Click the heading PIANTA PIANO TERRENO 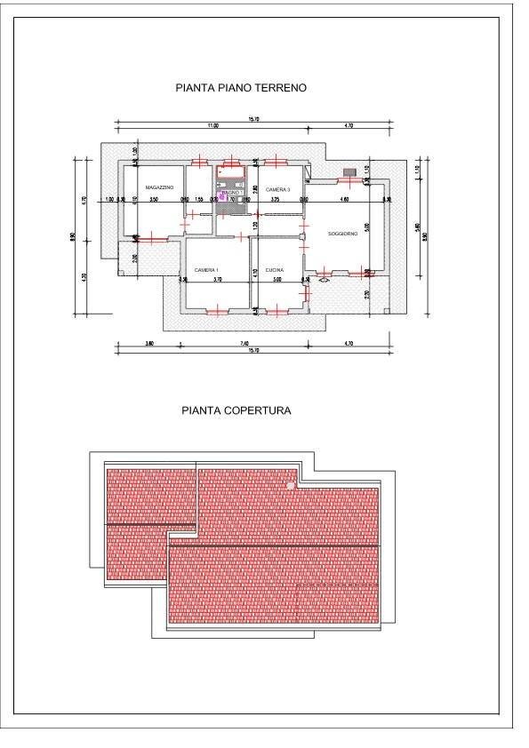[x=241, y=89]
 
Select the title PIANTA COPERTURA [x=236, y=410]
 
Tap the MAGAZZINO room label [x=147, y=188]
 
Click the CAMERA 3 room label [x=277, y=190]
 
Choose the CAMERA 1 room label [x=207, y=268]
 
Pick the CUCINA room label [x=274, y=268]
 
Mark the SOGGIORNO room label [x=341, y=234]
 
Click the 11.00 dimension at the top [x=213, y=126]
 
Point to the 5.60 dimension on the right [x=418, y=226]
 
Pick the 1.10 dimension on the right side [x=418, y=170]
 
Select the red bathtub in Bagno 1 [x=232, y=170]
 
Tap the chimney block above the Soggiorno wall [x=349, y=171]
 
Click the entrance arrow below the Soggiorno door [x=323, y=281]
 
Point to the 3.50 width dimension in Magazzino [x=154, y=200]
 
